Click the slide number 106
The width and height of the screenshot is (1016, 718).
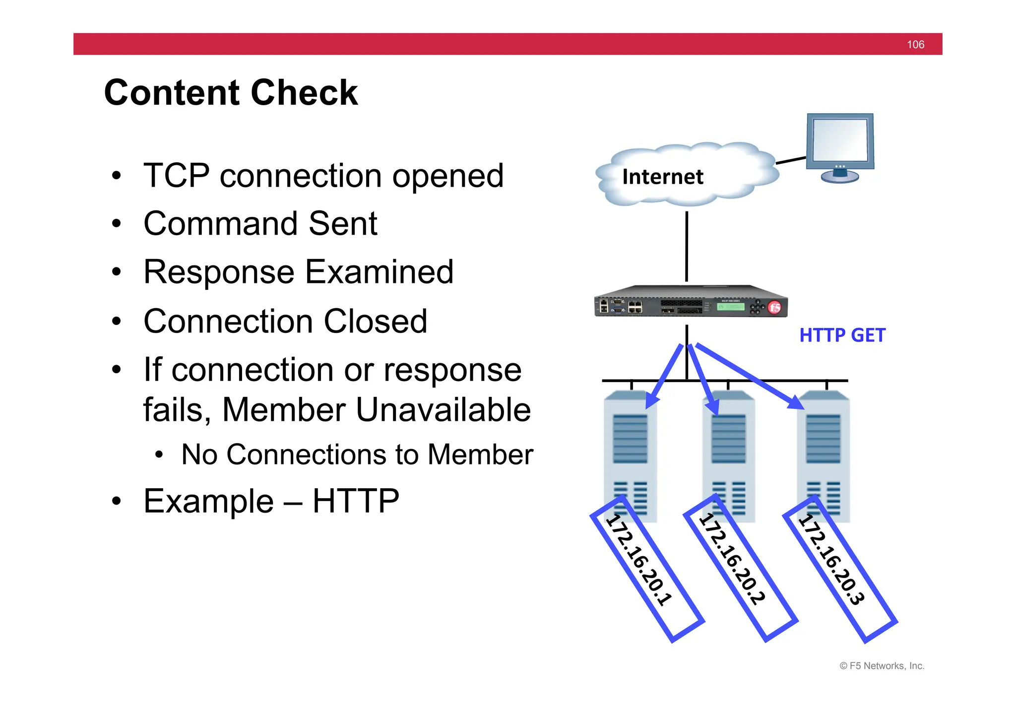click(x=915, y=45)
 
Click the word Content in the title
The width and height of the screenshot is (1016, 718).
click(x=173, y=93)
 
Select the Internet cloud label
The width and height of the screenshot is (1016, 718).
click(x=662, y=177)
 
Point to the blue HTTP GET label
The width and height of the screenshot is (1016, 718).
click(x=842, y=335)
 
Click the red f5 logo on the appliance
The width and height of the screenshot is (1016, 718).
click(x=774, y=307)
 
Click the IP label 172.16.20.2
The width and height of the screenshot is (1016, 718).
click(x=732, y=560)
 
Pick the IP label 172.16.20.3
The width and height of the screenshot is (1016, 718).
click(x=831, y=560)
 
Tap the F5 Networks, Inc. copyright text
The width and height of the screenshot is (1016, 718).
click(x=882, y=666)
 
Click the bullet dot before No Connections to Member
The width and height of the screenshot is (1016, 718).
click(x=159, y=455)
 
